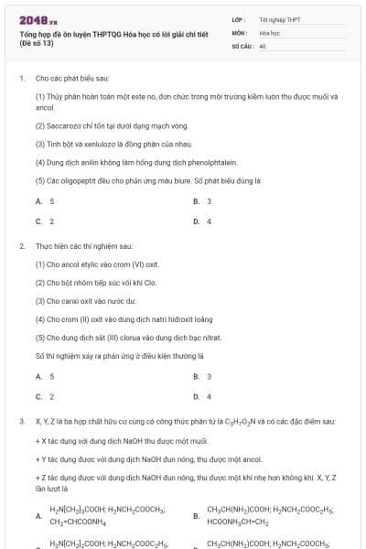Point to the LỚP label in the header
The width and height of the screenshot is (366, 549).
pyautogui.click(x=238, y=19)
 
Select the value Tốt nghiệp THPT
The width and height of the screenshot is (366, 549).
pyautogui.click(x=279, y=19)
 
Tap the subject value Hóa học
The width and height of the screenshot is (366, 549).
pyautogui.click(x=268, y=32)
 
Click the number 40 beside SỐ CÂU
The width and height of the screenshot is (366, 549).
pyautogui.click(x=263, y=45)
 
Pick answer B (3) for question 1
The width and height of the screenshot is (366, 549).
pyautogui.click(x=203, y=200)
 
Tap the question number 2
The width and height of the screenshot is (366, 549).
pyautogui.click(x=21, y=246)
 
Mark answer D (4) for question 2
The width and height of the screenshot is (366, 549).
pyautogui.click(x=203, y=396)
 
